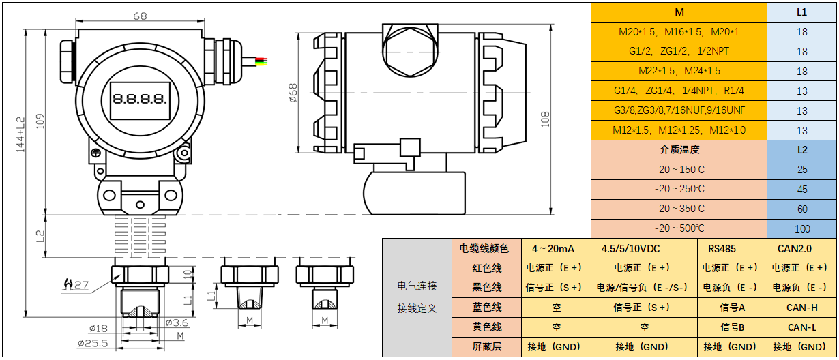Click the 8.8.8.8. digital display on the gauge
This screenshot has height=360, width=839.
pos(141,98)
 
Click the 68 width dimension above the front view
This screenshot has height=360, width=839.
pos(140,16)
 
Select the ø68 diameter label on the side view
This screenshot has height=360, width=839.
pos(293,93)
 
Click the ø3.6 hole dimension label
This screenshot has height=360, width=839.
pos(177,322)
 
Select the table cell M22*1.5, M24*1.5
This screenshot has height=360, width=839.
pos(679,71)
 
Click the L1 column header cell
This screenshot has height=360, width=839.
pos(801,12)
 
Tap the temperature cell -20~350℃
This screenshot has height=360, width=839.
pos(679,209)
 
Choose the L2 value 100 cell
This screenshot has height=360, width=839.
pos(801,228)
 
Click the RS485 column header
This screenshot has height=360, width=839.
pos(731,248)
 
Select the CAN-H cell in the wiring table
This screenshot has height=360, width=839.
pos(801,307)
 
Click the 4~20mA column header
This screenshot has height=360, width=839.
pos(553,248)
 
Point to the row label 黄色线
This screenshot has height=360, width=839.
pos(486,327)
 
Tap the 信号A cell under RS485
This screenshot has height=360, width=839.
pos(731,307)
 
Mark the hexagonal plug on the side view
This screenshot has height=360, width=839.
pos(409,51)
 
